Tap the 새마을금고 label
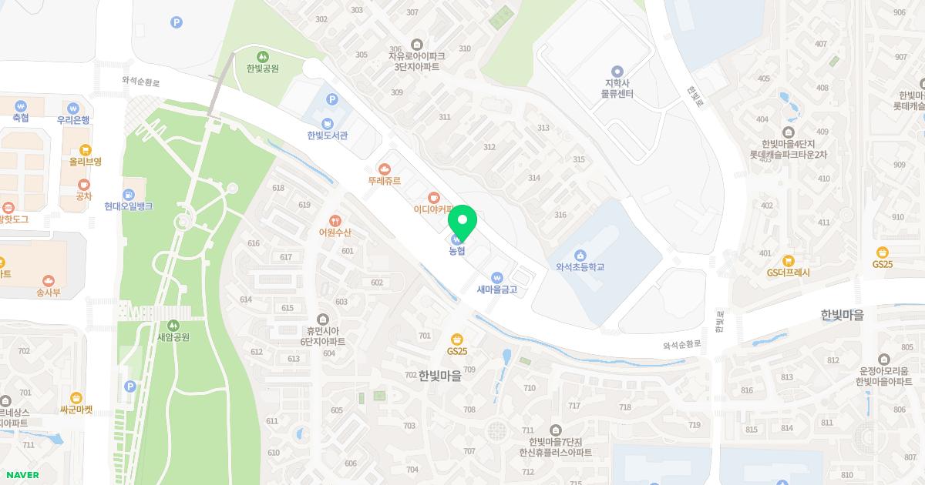(497, 289)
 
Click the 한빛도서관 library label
(328, 135)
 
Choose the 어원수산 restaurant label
(335, 232)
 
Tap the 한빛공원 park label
(263, 68)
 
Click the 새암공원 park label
(173, 336)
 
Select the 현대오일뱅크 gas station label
(129, 206)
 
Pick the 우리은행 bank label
(73, 119)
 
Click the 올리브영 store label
(85, 162)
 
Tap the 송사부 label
(49, 292)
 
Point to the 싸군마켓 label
(76, 410)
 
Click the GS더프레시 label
(788, 272)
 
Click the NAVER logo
(22, 475)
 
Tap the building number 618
(278, 188)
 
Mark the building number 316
(560, 216)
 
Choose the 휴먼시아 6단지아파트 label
(323, 336)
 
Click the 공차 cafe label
(84, 196)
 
